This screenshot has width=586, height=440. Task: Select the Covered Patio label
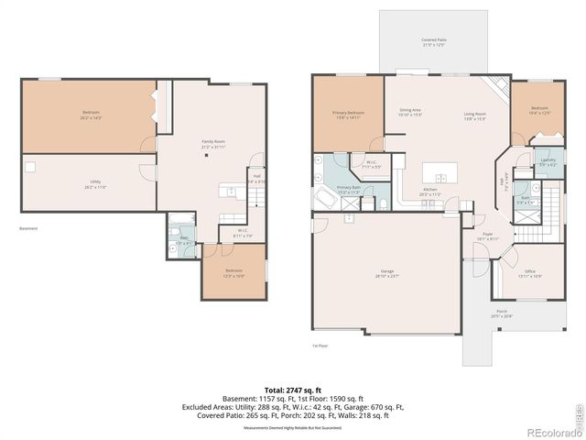[x=434, y=42]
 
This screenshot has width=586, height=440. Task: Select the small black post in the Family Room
[x=207, y=155]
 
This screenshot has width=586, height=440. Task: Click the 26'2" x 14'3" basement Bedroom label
[x=91, y=115]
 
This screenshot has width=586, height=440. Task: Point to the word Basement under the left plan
[x=28, y=228]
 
